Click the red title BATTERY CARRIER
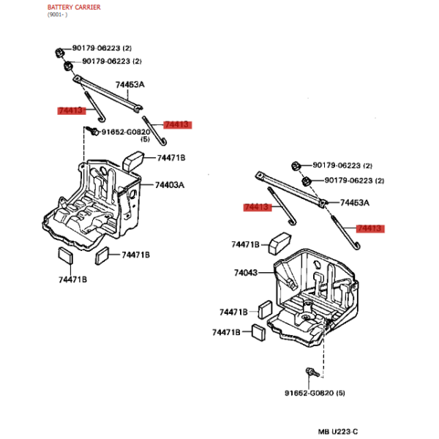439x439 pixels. (x=74, y=7)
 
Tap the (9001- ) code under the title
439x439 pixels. (x=57, y=15)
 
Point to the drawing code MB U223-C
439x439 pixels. (x=337, y=432)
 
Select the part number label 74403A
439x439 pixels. (x=170, y=185)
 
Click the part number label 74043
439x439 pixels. (x=246, y=272)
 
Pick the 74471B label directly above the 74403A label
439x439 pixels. (x=171, y=158)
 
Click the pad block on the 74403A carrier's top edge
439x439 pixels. (x=134, y=161)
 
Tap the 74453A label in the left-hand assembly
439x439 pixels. (x=130, y=84)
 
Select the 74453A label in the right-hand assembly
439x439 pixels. (x=354, y=203)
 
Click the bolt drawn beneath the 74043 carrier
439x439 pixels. (x=312, y=372)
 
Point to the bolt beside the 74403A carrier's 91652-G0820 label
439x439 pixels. (x=92, y=130)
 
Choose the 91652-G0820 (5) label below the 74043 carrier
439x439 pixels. (x=315, y=393)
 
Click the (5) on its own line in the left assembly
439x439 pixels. (x=145, y=139)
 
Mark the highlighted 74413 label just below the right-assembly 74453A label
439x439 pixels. (x=370, y=228)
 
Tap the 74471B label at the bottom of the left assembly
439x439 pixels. (x=72, y=279)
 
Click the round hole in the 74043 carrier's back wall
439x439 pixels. (x=317, y=264)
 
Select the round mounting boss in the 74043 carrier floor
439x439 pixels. (x=307, y=317)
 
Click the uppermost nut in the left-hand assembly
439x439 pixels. (x=59, y=53)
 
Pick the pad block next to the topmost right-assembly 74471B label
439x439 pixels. (x=280, y=243)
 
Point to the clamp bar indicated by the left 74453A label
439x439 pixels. (x=108, y=94)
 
